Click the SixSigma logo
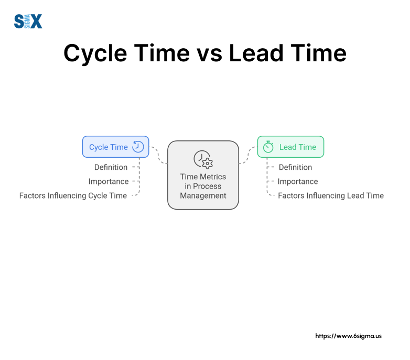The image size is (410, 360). pos(28,21)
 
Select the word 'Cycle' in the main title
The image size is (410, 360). pos(99,53)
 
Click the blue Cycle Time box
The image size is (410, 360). pos(115,147)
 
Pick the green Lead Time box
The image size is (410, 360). pos(290,147)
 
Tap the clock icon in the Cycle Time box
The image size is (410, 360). pos(138,147)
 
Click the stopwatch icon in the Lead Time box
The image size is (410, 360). pos(268,147)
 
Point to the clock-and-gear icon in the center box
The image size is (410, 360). pos(202,159)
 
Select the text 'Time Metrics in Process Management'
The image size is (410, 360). pos(203,186)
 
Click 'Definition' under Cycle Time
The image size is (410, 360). pos(111,167)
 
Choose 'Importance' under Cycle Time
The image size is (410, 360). pos(109,181)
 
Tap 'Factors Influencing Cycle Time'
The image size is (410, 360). pos(73,195)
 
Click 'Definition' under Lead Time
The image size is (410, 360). pos(295,167)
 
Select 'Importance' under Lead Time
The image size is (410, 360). pos(297,181)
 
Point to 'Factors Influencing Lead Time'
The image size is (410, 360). pos(330,195)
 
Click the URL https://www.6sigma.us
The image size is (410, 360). pos(348,335)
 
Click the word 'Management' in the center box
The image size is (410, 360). pos(203,195)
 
